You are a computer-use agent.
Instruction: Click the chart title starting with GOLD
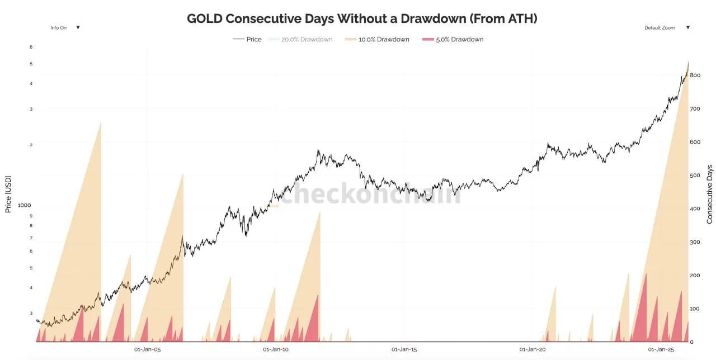pos(362,18)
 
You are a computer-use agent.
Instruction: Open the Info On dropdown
pos(65,27)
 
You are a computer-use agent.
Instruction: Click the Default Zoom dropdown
pos(666,27)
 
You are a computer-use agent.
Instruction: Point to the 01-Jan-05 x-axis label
pos(148,349)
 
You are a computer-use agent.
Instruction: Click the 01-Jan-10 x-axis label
pos(276,349)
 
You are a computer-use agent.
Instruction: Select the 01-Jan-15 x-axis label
pos(404,349)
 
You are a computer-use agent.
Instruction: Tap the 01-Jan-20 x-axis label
pos(532,349)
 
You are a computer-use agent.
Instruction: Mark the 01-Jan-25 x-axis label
pos(660,349)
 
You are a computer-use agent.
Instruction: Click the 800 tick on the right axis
pos(695,75)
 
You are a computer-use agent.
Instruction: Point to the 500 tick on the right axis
pos(695,176)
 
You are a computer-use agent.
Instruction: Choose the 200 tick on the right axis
pos(695,276)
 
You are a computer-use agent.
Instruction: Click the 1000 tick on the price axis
pos(25,205)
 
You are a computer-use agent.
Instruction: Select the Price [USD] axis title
pos(8,193)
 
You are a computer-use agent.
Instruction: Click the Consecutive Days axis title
pos(710,193)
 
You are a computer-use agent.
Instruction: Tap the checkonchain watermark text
pos(370,194)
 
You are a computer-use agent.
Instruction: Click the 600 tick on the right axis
pos(695,142)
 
